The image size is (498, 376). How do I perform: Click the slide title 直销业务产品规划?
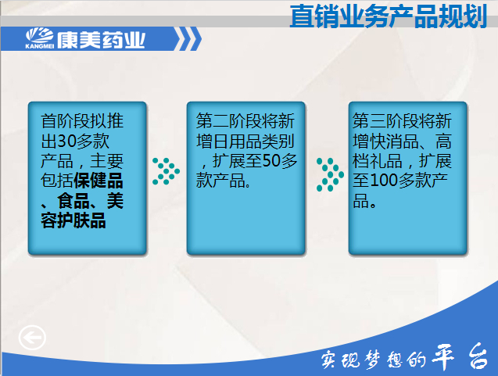pos(389,16)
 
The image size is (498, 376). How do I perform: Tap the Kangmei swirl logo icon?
pos(39,36)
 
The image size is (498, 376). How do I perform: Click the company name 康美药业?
pos(101,40)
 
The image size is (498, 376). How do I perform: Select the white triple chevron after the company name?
pos(188,39)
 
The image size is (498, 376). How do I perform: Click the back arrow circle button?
pos(32,337)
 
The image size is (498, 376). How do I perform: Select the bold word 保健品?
pos(99,181)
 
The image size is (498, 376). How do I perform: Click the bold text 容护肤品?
pos(73,220)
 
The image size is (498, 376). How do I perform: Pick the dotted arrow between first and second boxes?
pos(166,171)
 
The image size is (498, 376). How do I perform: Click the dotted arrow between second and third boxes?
pos(330,174)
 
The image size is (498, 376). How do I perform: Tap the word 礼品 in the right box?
pos(385,161)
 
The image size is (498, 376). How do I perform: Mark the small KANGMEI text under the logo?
pos(39,46)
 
